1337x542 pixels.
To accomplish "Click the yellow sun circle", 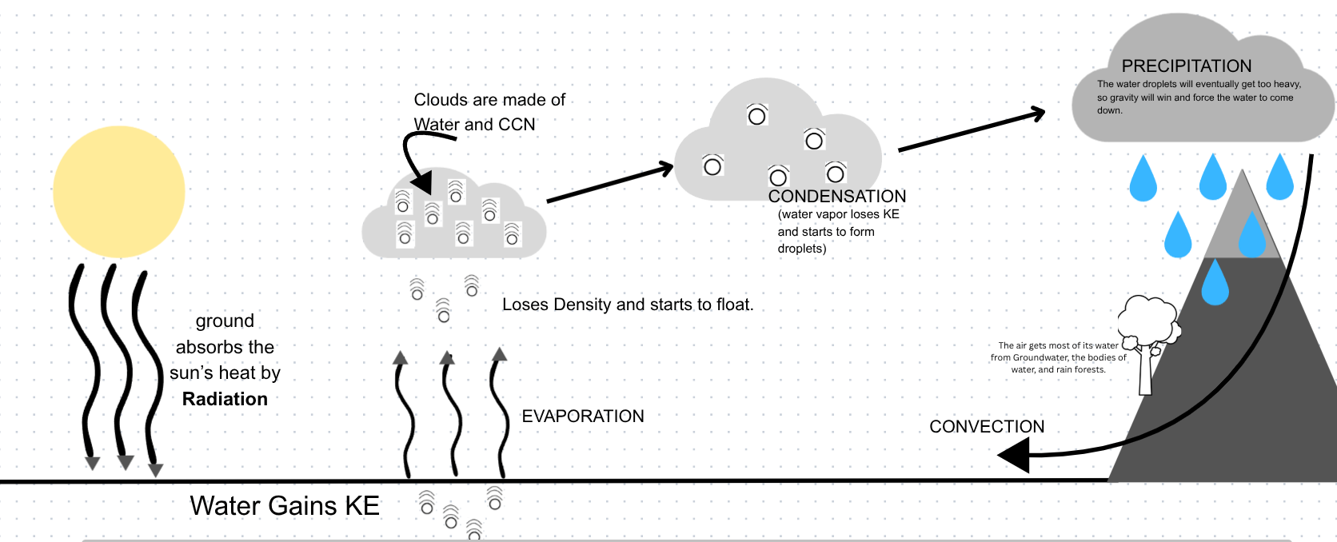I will tap(118, 192).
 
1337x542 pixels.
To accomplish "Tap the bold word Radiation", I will tap(225, 399).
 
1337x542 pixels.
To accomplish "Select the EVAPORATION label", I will tap(582, 416).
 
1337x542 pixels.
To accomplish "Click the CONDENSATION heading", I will tap(836, 197).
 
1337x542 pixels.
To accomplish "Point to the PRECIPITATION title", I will tap(1186, 66).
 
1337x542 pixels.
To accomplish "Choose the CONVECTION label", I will tap(986, 427).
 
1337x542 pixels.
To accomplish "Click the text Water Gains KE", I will tap(284, 506).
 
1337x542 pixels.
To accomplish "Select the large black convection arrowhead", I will tap(1015, 456).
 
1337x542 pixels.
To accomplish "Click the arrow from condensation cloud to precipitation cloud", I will tap(971, 131).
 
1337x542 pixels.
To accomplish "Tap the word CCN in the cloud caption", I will tap(517, 125).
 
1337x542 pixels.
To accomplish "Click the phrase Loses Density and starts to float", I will tap(627, 305).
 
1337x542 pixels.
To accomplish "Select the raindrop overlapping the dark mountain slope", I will tap(1215, 284).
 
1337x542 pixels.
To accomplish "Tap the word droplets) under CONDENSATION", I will tap(801, 249).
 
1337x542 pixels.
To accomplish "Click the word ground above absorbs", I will tap(225, 321).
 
